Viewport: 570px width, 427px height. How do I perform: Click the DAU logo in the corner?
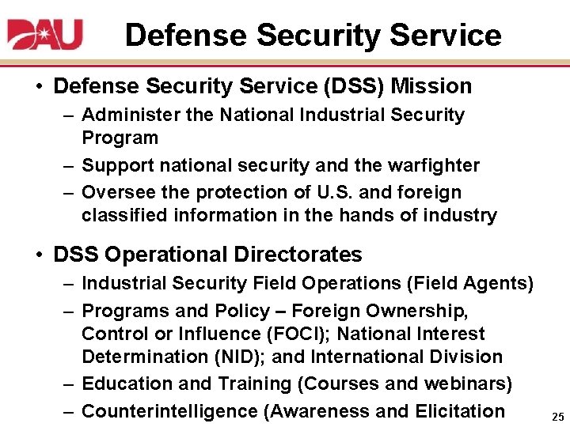tap(46, 34)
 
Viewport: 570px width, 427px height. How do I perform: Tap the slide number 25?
tap(557, 417)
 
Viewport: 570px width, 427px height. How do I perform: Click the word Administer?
tap(131, 115)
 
